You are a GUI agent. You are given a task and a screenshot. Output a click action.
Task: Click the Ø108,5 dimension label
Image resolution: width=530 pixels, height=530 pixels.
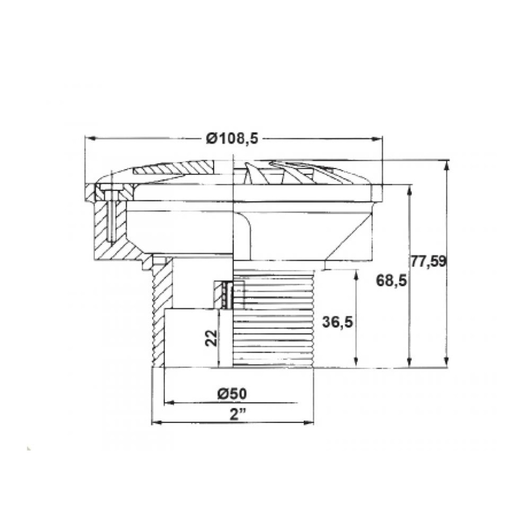click(232, 138)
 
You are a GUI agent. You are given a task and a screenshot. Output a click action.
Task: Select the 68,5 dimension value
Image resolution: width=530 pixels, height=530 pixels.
click(391, 281)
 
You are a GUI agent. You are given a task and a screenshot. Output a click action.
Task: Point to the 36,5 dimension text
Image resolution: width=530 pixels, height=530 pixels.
click(337, 322)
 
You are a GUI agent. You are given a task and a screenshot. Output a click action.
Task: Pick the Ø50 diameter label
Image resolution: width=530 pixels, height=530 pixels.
click(232, 394)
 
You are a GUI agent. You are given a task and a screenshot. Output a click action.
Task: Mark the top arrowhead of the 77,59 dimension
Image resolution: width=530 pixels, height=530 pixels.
click(447, 166)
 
